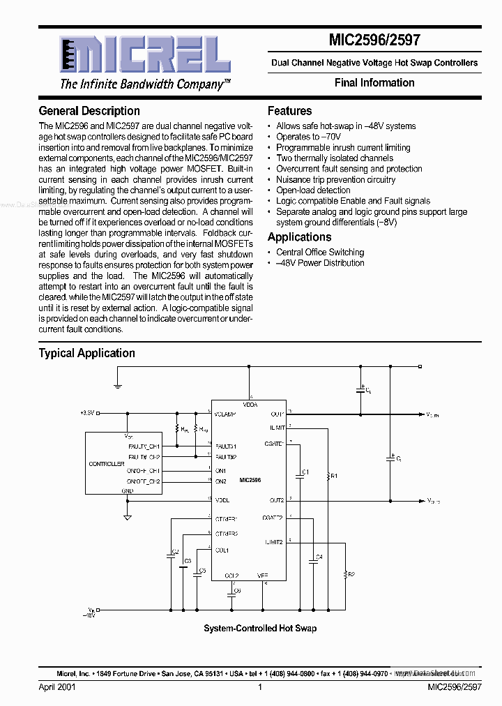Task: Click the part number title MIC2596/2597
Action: click(374, 40)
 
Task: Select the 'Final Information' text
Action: click(374, 82)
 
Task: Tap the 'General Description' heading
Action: click(89, 111)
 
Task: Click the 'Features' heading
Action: click(289, 111)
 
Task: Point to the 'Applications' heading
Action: click(300, 237)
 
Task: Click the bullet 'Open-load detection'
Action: click(313, 190)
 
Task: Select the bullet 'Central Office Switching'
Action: click(320, 253)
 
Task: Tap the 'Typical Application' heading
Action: click(86, 353)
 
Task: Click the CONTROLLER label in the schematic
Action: click(106, 464)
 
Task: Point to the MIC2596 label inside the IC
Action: click(250, 481)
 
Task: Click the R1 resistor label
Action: click(334, 476)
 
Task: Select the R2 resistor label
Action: click(351, 574)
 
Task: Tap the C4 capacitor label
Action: click(319, 557)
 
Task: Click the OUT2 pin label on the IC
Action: click(277, 500)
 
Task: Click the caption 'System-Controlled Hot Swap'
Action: click(260, 629)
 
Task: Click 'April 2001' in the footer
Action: click(57, 687)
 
